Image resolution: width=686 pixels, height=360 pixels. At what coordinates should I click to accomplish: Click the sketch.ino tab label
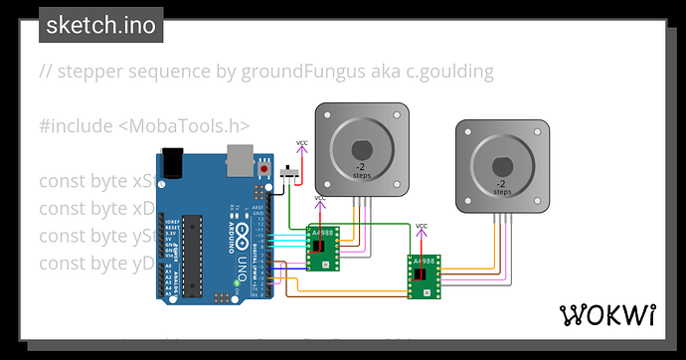pos(100,25)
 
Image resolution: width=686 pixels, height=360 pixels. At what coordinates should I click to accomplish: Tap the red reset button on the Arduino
pos(263,170)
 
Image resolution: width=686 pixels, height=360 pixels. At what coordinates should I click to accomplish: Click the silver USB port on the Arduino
pos(240,156)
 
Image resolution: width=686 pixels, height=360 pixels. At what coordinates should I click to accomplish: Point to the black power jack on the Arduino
pos(173,163)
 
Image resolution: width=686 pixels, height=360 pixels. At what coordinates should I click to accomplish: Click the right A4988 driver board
pos(424,274)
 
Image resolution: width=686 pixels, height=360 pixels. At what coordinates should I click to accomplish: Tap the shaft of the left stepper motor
pos(363,148)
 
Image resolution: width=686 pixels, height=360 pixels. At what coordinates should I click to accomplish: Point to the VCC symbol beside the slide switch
pos(302,146)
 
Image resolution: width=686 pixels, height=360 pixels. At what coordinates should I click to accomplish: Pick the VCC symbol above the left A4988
pos(320,202)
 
